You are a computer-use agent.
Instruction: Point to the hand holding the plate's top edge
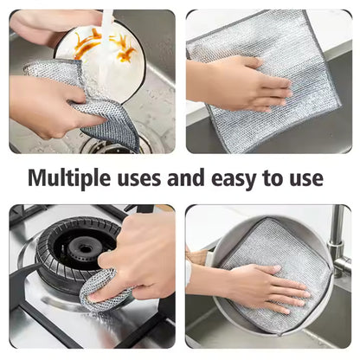43,24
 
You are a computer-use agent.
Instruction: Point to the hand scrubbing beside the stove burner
138,260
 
